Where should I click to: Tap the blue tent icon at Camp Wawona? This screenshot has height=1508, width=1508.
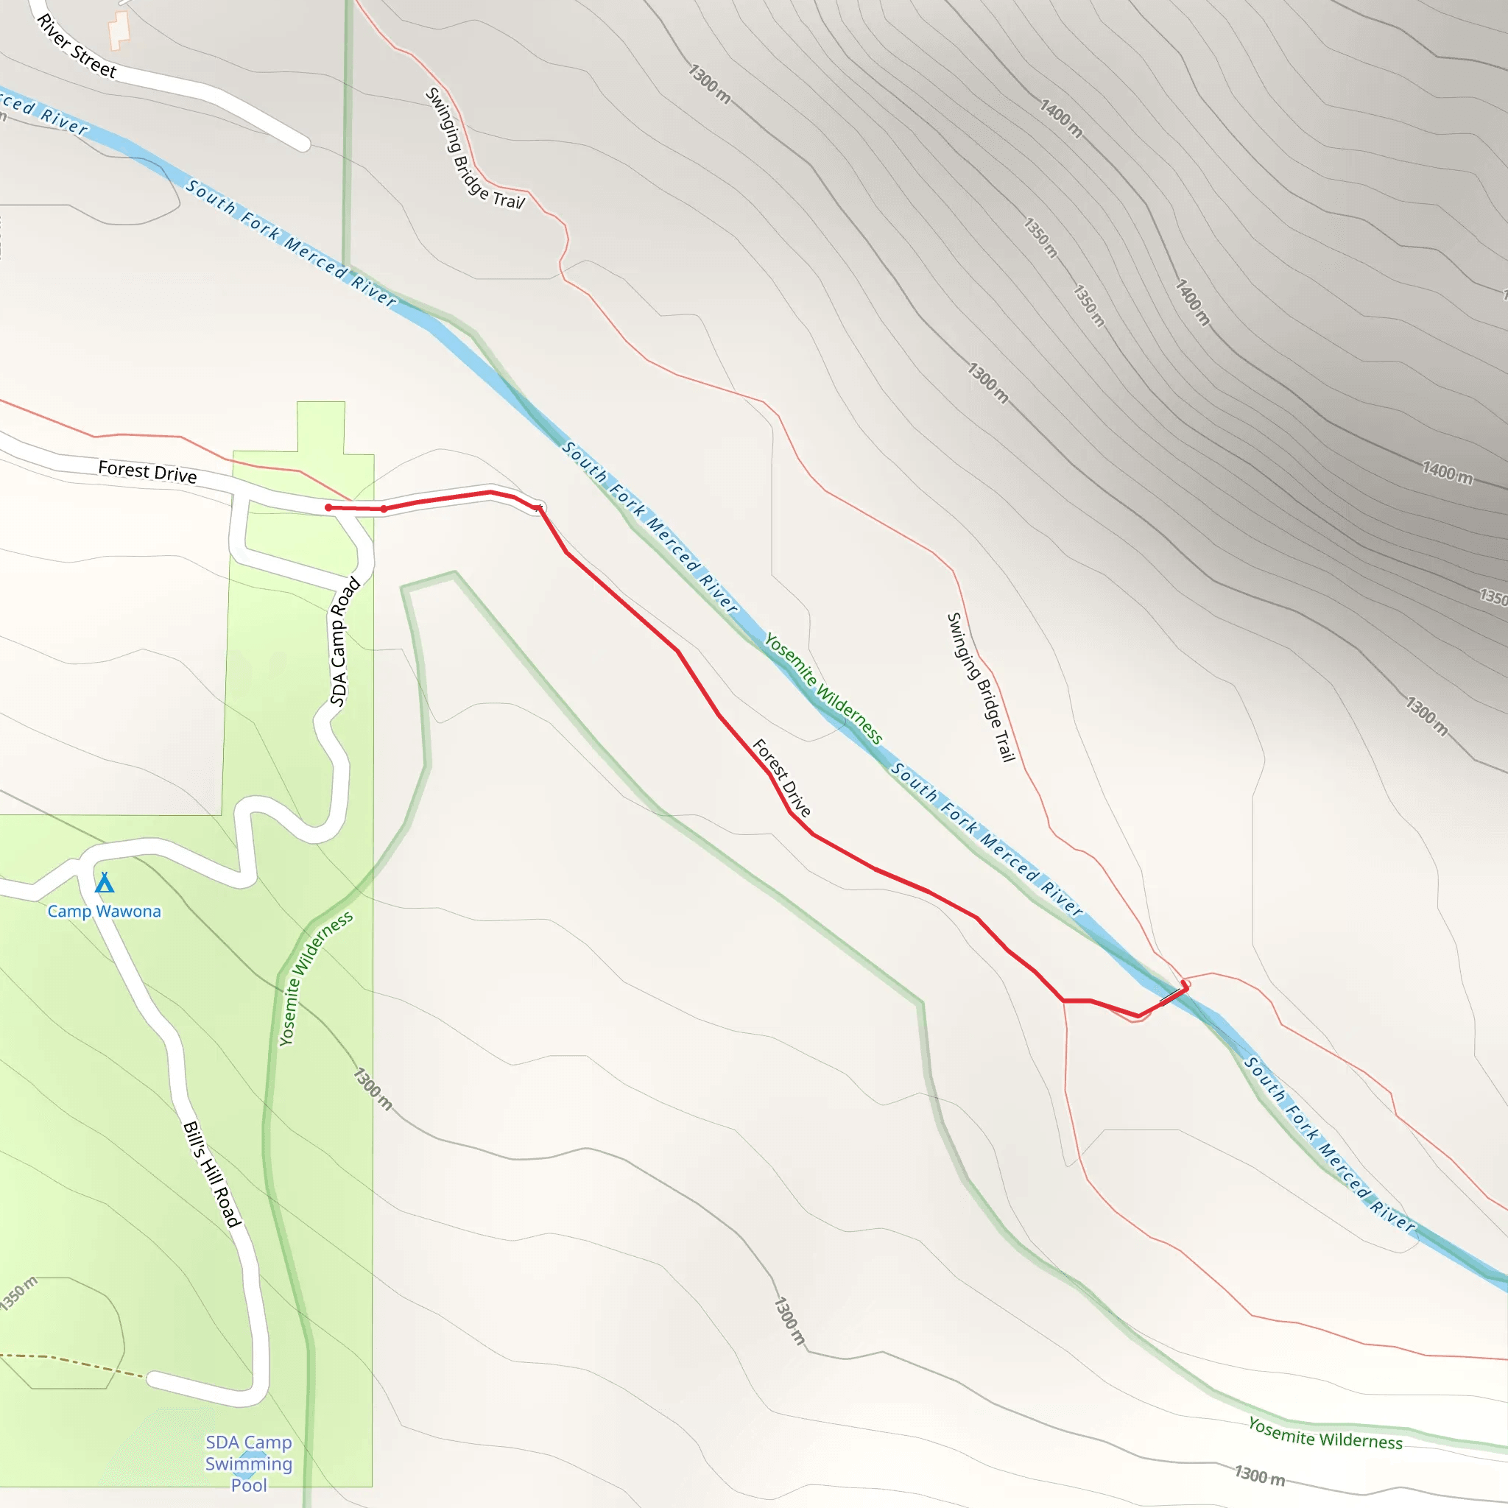pyautogui.click(x=105, y=884)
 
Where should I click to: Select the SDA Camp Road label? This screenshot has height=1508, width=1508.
pyautogui.click(x=344, y=641)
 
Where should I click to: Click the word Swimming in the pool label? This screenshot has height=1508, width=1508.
pyautogui.click(x=248, y=1464)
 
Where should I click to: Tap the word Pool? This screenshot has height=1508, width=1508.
pyautogui.click(x=248, y=1484)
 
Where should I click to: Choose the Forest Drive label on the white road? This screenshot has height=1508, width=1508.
pyautogui.click(x=147, y=472)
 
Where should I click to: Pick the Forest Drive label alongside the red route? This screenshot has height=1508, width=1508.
pyautogui.click(x=781, y=778)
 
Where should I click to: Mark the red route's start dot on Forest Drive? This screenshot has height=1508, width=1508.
pyautogui.click(x=328, y=508)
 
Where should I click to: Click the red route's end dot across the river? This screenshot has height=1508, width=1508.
pyautogui.click(x=1184, y=984)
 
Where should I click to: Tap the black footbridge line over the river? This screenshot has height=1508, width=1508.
pyautogui.click(x=1170, y=996)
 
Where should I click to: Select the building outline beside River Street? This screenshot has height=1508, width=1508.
pyautogui.click(x=118, y=29)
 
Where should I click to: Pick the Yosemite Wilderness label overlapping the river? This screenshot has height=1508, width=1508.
pyautogui.click(x=822, y=689)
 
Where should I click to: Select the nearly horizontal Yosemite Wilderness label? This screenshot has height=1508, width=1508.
pyautogui.click(x=1325, y=1434)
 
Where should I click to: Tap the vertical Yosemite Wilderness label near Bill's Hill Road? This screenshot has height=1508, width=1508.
pyautogui.click(x=315, y=978)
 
